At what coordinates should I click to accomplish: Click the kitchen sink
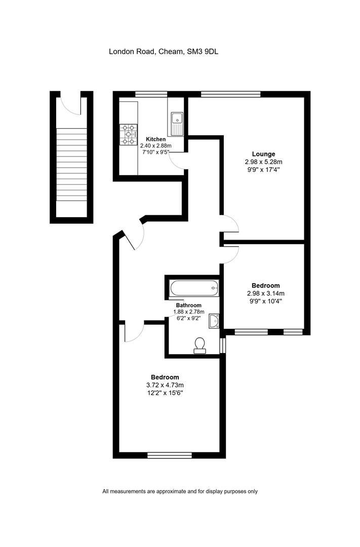pos(177,124)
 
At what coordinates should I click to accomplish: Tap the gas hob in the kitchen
pos(129,134)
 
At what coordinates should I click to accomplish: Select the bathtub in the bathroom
pos(194,288)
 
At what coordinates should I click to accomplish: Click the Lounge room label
pos(263,154)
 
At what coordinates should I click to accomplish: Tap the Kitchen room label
pos(155,139)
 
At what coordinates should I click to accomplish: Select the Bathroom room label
pos(188,305)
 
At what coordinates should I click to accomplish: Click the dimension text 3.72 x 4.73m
pos(165,385)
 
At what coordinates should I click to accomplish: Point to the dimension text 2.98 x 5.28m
pos(263,162)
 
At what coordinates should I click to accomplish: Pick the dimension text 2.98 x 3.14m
pos(265,293)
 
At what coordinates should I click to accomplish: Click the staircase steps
pos(71,164)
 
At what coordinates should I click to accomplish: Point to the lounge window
pos(230,94)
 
